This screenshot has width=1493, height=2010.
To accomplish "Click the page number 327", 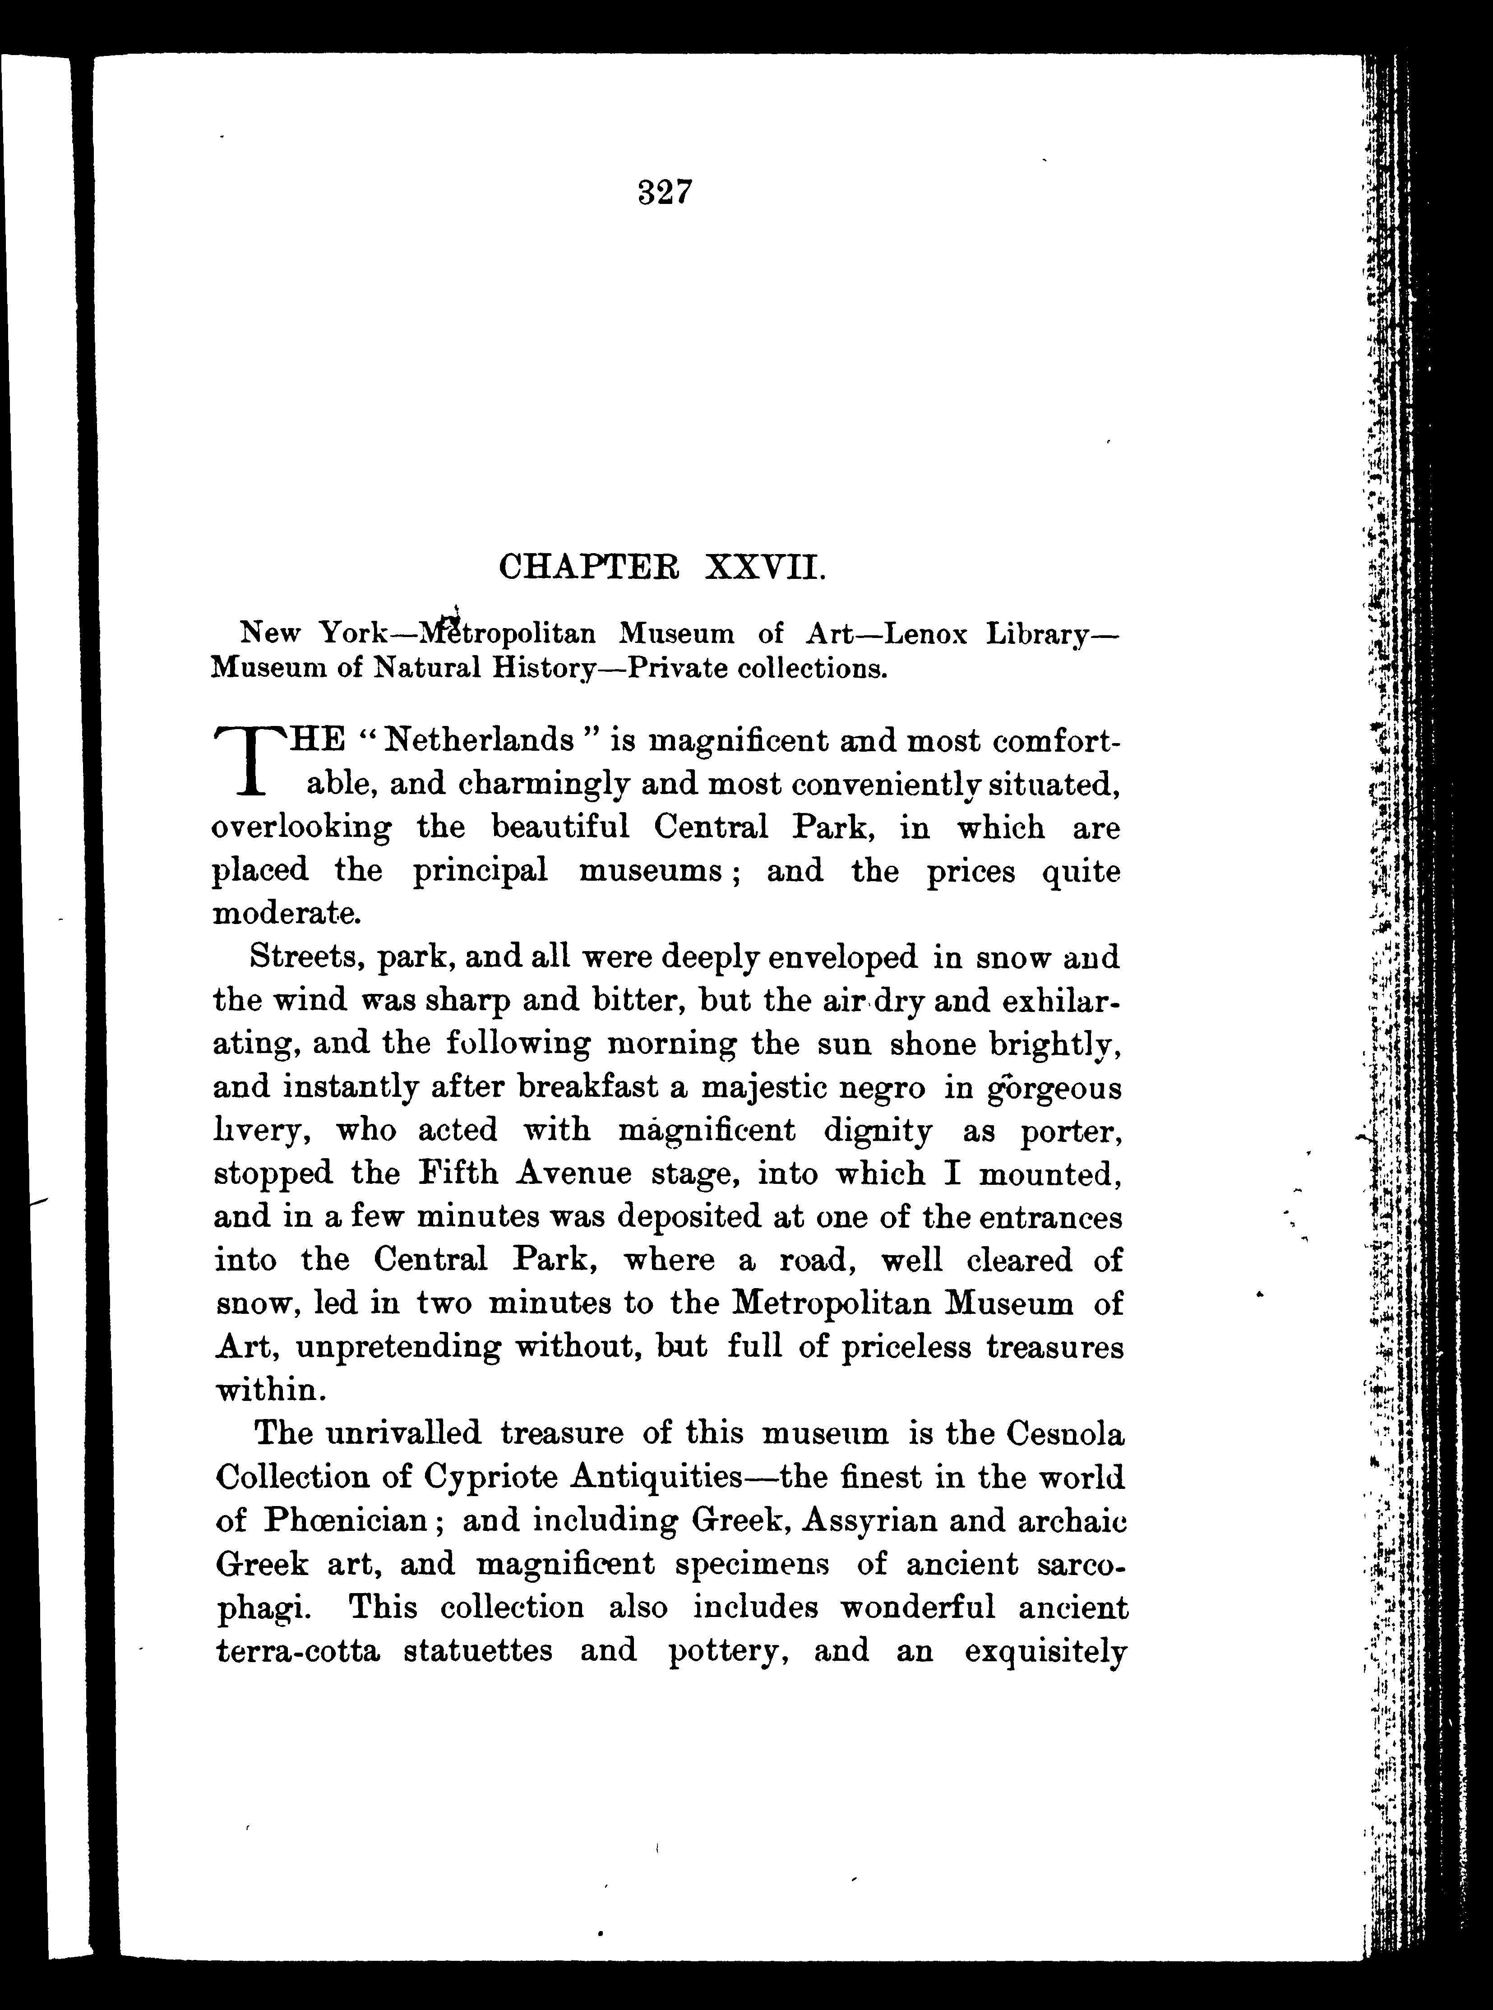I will point(664,193).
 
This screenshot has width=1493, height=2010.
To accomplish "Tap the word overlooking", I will point(302,828).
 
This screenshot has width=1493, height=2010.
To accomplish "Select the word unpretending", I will point(398,1348).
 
